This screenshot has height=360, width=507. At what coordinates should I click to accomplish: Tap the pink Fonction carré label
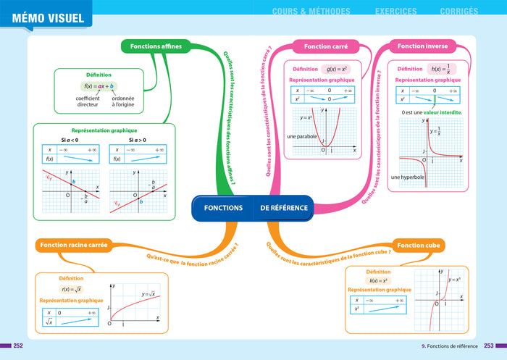pos(327,46)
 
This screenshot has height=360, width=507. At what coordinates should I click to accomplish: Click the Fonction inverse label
pos(423,46)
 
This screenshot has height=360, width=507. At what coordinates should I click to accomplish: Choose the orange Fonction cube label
pos(419,246)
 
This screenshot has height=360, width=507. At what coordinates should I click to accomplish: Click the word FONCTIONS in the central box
pos(223,208)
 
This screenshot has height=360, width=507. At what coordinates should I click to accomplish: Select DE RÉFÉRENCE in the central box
pos(284,208)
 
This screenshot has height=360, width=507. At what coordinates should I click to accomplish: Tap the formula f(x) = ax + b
pos(99,86)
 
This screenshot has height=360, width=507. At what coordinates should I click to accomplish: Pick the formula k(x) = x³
pos(379,280)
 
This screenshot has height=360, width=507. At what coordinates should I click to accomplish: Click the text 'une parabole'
pos(302,136)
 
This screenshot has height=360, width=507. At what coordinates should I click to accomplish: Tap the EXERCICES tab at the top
pos(395,11)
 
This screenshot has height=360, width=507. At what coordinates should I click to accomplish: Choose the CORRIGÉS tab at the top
pos(458,11)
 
